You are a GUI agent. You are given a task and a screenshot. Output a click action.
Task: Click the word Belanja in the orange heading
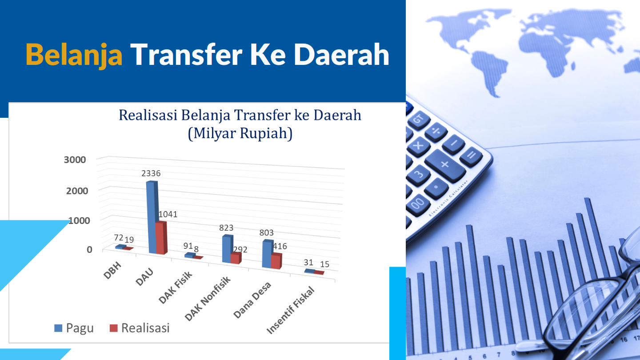tap(74, 55)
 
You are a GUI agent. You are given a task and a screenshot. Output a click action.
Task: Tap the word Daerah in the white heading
tap(342, 54)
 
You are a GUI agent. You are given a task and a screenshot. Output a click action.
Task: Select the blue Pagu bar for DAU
tap(152, 217)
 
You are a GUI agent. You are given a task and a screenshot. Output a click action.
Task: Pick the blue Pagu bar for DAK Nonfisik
tap(228, 248)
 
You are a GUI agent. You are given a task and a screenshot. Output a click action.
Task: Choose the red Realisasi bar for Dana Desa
tap(276, 261)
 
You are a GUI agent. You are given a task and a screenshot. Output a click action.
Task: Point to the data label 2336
tap(151, 173)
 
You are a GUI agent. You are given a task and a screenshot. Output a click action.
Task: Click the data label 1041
tap(168, 214)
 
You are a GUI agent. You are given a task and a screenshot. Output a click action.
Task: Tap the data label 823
tap(226, 228)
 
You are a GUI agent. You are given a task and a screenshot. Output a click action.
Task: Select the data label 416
tap(280, 246)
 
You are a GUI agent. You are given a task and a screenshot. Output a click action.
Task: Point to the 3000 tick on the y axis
tap(75, 160)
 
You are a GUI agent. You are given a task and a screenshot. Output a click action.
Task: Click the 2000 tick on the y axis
tap(77, 191)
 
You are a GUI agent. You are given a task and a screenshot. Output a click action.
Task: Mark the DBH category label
tap(112, 270)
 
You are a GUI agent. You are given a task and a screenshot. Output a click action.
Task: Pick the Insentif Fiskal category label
tap(291, 310)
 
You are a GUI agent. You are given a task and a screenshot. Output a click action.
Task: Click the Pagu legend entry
tap(74, 328)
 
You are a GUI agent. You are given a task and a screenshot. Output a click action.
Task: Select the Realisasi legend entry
tap(140, 328)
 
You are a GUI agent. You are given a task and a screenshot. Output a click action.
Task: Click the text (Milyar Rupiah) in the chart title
tap(240, 133)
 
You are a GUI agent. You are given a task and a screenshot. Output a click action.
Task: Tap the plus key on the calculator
tap(445, 165)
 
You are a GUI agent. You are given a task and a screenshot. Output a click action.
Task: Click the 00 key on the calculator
tap(417, 204)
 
